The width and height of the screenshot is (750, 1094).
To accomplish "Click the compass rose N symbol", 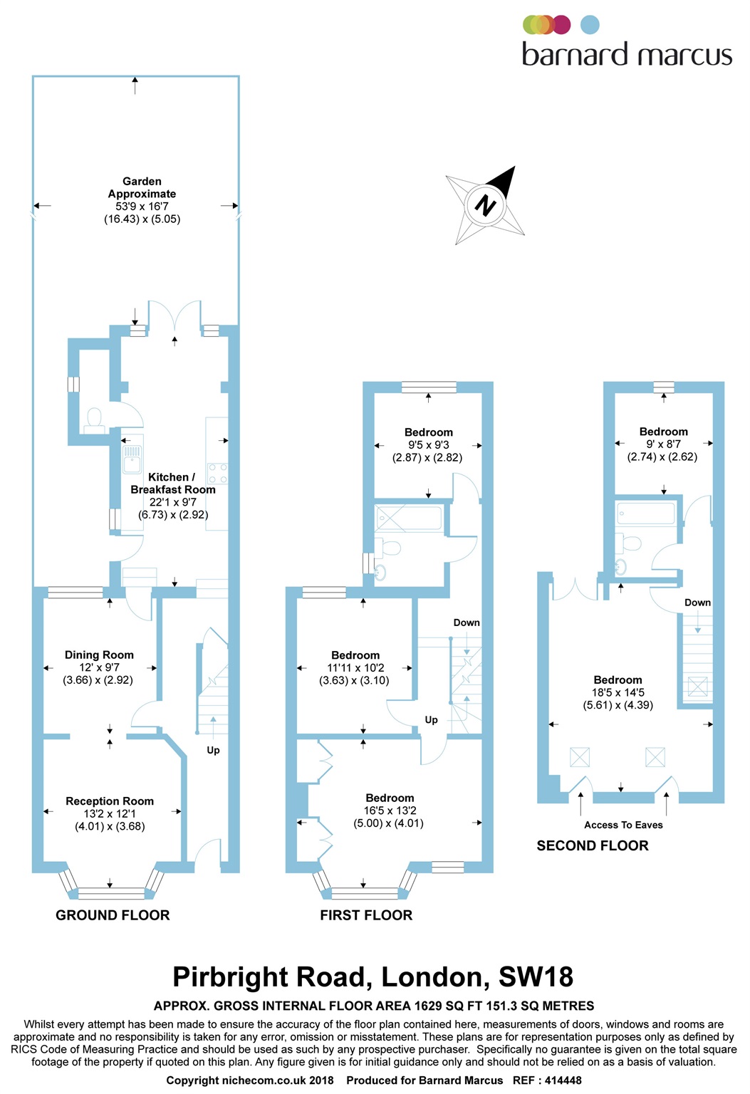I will coord(485,205).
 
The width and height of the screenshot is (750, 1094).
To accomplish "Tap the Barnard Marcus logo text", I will coord(627,55).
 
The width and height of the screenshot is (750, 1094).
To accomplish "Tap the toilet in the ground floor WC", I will coord(93,420).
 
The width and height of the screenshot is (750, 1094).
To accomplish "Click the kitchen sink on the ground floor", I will coord(132,459).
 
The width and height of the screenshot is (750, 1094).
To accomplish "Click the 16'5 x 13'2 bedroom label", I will coord(390,811).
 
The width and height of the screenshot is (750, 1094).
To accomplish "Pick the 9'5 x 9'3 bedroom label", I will coord(428,444).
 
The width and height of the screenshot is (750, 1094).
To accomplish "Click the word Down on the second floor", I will coord(697,603).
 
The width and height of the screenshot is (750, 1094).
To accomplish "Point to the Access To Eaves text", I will coord(623,825).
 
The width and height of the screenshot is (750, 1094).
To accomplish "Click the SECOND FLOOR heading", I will coord(593,845).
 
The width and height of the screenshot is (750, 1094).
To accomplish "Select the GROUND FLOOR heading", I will coord(113,915).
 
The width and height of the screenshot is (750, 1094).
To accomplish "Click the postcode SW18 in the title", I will coord(536,976).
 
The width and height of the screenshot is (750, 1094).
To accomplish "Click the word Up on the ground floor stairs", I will coord(213,750).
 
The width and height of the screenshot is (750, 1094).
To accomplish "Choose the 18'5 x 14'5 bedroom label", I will coord(618,692).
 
